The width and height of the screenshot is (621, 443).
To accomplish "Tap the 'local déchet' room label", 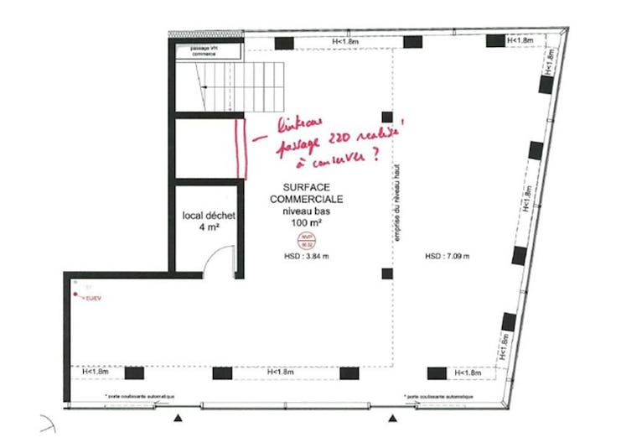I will [x=208, y=216].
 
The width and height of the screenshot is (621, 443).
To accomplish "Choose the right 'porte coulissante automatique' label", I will [x=439, y=396].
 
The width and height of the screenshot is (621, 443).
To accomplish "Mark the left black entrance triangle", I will [x=177, y=418].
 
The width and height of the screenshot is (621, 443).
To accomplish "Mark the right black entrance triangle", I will [x=391, y=418].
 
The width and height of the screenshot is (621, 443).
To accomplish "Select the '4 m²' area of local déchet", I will [x=209, y=227].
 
